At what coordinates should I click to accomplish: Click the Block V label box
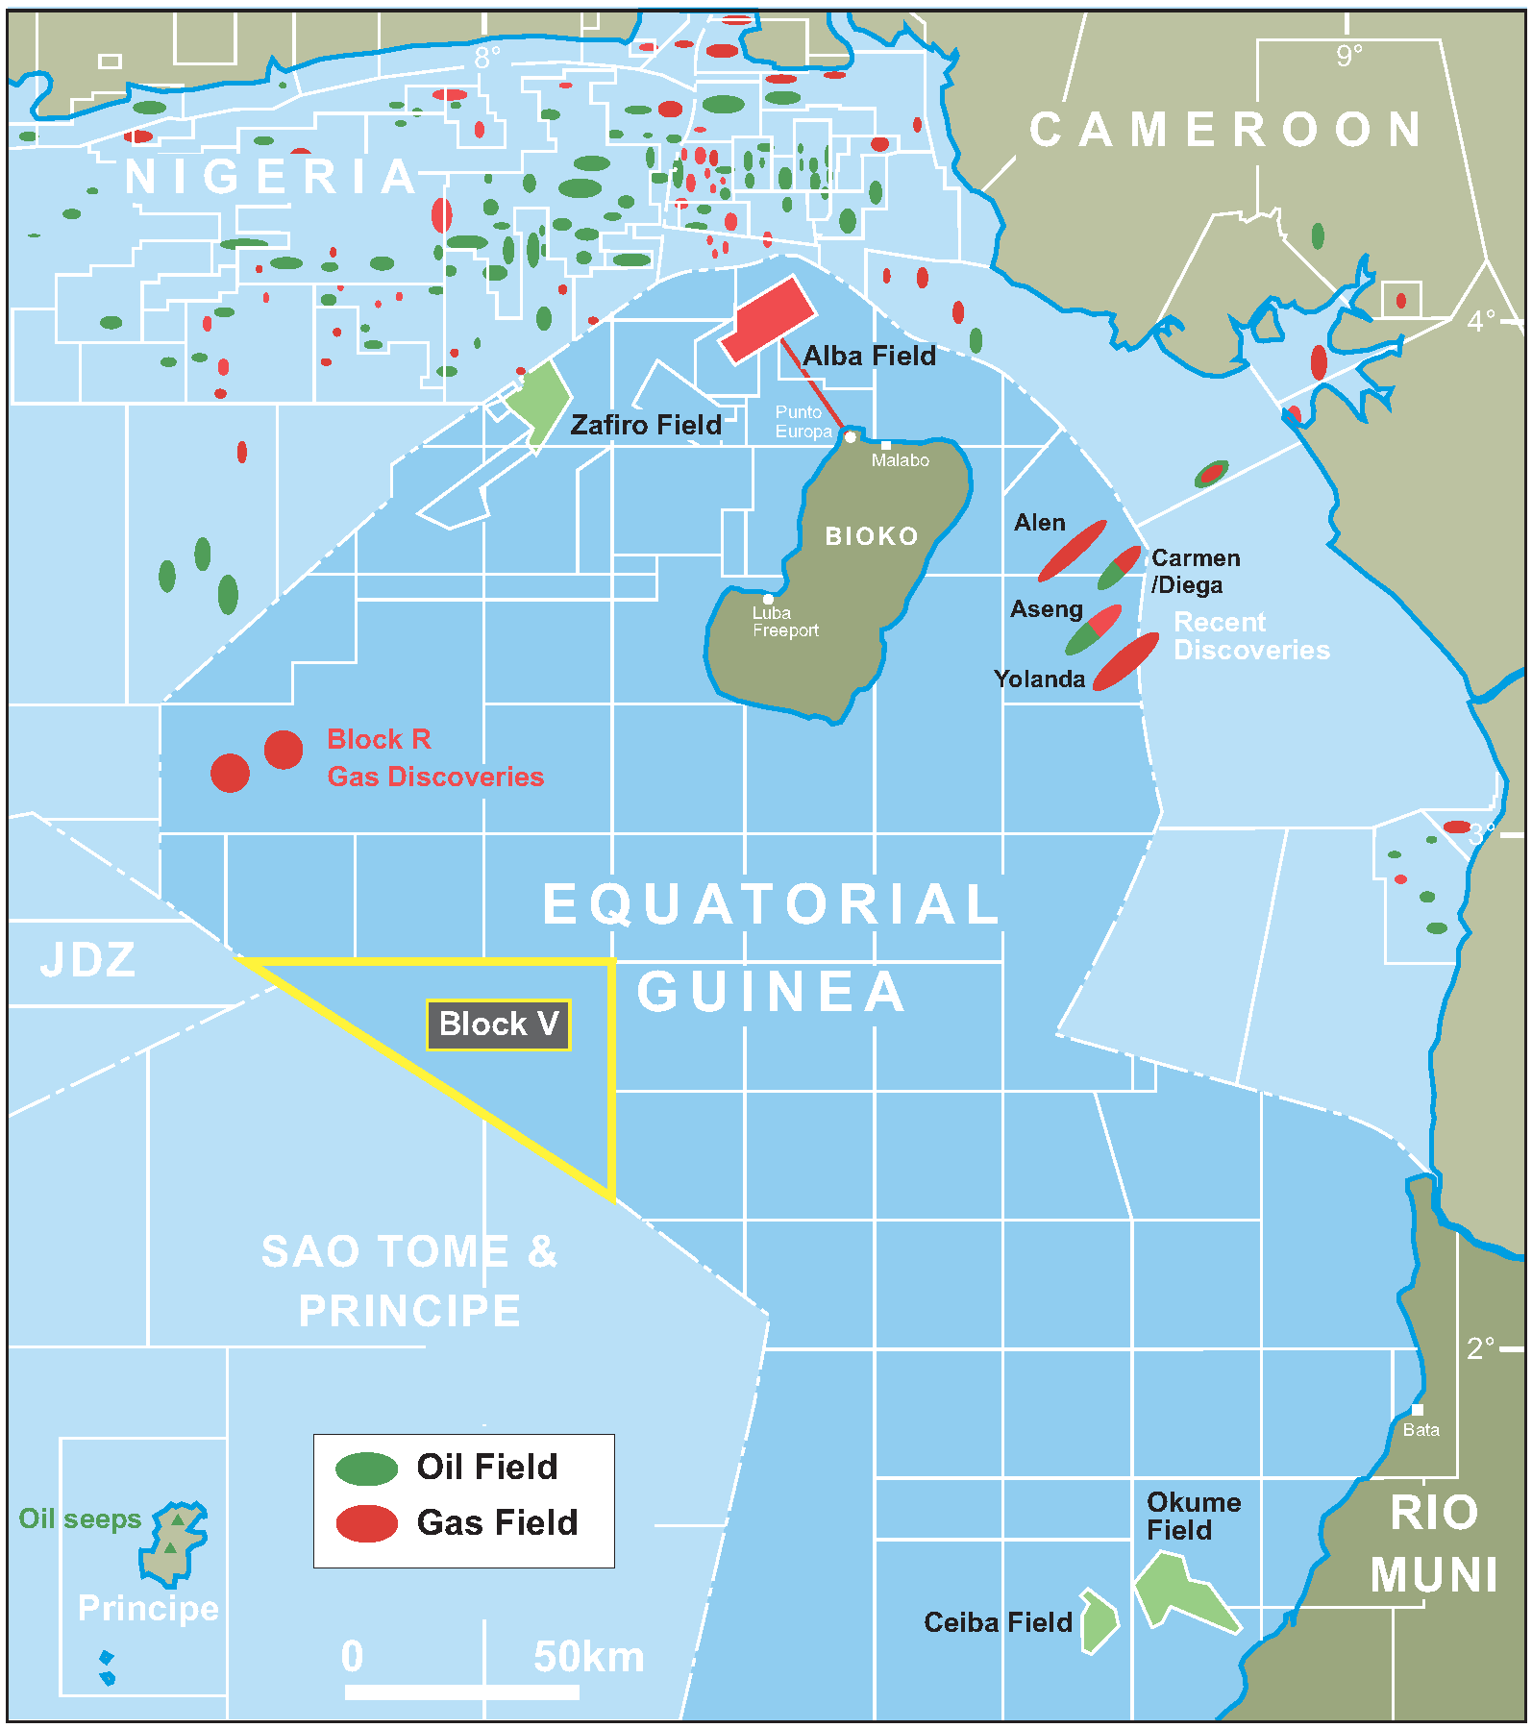click(498, 1024)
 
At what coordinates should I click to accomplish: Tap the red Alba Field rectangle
click(768, 320)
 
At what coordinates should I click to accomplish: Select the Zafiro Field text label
click(645, 425)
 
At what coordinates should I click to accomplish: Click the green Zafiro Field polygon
click(538, 400)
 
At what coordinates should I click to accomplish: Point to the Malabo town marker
click(886, 445)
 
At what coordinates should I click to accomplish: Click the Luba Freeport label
click(784, 622)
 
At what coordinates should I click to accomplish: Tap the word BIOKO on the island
click(872, 536)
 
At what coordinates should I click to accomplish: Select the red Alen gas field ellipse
click(1072, 551)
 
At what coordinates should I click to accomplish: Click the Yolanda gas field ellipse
click(1125, 661)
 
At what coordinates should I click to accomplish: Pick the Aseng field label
click(1046, 609)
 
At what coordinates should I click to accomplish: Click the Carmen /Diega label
click(1195, 571)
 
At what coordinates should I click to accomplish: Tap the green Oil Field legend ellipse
click(366, 1468)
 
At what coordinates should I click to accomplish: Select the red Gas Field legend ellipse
click(366, 1523)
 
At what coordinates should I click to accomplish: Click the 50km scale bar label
click(588, 1657)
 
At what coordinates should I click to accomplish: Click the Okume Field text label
click(1193, 1516)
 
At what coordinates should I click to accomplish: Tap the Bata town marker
click(1417, 1410)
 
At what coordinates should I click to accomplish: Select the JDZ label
click(87, 959)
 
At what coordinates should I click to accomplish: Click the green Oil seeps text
click(80, 1518)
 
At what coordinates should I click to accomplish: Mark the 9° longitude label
click(1348, 56)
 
